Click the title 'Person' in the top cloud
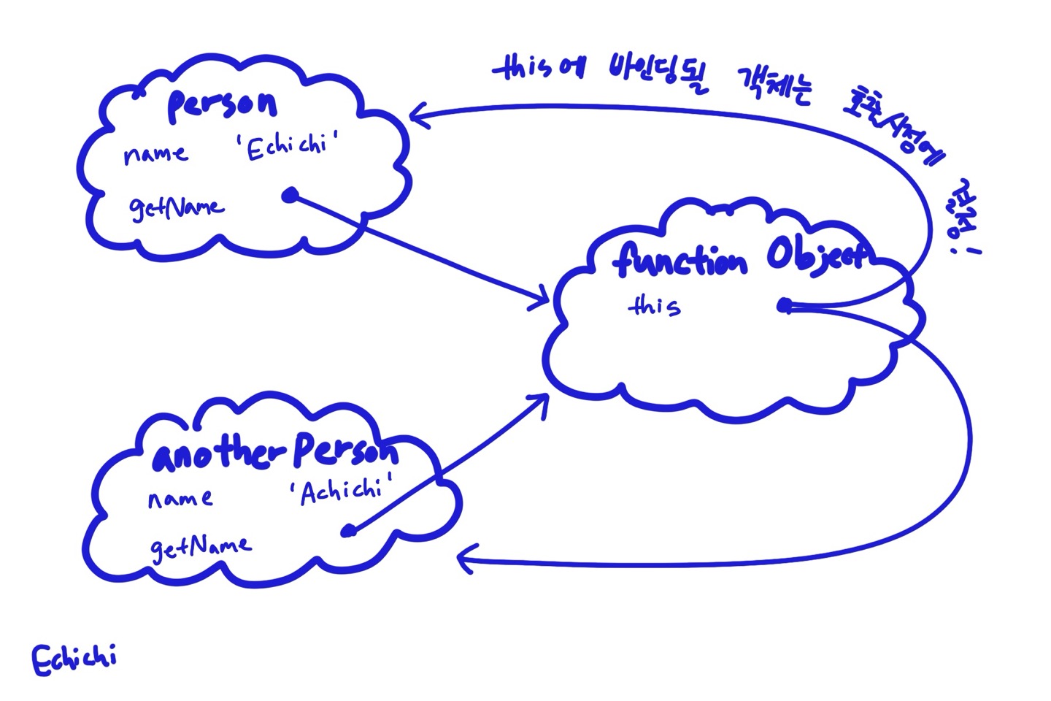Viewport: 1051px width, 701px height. [222, 105]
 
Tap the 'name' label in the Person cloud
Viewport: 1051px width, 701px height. [155, 154]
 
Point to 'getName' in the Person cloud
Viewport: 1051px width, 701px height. [177, 208]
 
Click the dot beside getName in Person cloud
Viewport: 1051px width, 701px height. [290, 196]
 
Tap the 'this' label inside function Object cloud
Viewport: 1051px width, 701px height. [654, 305]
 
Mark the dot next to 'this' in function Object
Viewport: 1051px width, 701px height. [785, 305]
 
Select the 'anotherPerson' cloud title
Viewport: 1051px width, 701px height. [275, 452]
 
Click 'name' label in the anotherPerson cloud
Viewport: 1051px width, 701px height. [180, 499]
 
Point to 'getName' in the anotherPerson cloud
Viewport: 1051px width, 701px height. [200, 547]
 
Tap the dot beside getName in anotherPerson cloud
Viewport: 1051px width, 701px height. [349, 531]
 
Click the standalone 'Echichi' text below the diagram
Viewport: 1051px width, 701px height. [74, 659]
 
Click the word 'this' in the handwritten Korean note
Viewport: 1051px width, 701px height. [522, 69]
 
